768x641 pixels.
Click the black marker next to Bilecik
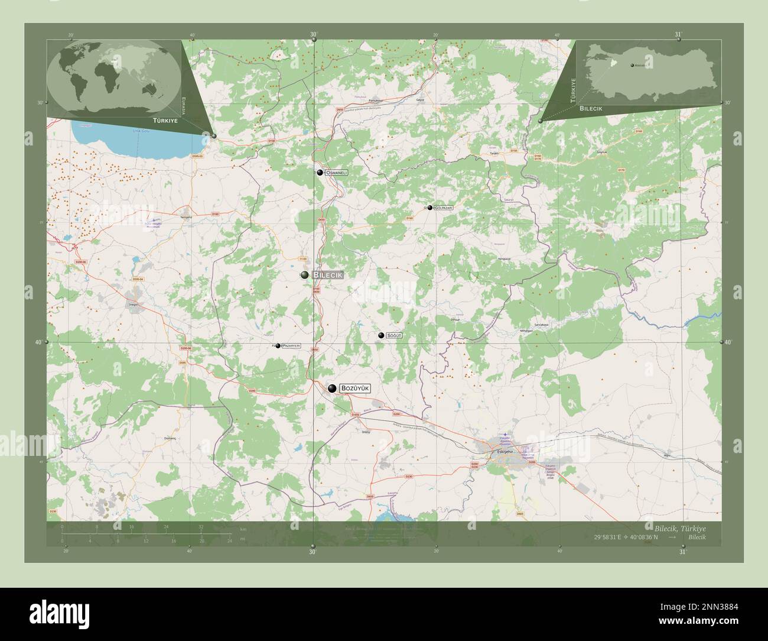pyautogui.click(x=304, y=275)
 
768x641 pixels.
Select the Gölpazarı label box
pyautogui.click(x=444, y=208)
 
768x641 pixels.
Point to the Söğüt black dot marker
pyautogui.click(x=381, y=335)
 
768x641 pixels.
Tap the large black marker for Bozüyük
pyautogui.click(x=333, y=388)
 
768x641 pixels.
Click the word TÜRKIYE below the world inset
pyautogui.click(x=165, y=120)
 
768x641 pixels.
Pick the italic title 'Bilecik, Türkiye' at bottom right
pyautogui.click(x=679, y=527)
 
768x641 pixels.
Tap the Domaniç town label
pyautogui.click(x=171, y=438)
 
